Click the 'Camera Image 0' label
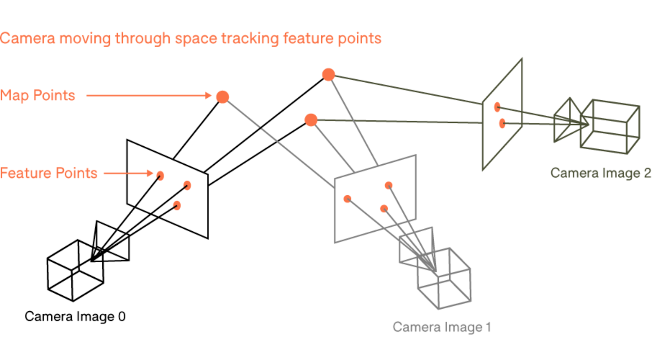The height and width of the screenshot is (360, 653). (x=75, y=316)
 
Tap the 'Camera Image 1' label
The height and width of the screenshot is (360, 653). (x=442, y=327)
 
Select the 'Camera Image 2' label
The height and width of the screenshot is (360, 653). (x=601, y=173)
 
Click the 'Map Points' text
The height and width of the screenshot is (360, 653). (x=37, y=95)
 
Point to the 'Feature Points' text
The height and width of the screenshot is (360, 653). (x=49, y=173)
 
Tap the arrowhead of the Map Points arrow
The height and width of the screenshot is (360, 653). (x=208, y=96)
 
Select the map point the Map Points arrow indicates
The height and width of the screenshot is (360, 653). (x=222, y=97)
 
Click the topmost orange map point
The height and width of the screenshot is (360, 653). (x=329, y=75)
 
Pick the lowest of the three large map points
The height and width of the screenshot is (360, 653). (x=311, y=120)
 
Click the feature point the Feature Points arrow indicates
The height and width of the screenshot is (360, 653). (x=160, y=176)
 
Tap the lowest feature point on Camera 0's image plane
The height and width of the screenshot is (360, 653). (x=177, y=206)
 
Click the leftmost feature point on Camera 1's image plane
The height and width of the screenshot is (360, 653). (x=347, y=199)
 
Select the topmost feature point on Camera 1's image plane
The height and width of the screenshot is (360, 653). (x=388, y=185)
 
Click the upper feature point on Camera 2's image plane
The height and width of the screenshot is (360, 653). (x=497, y=107)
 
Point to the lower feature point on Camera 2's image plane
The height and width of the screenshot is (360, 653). (x=502, y=123)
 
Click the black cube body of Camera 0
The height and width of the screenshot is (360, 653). (x=75, y=271)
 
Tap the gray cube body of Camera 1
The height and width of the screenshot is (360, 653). (x=444, y=279)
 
